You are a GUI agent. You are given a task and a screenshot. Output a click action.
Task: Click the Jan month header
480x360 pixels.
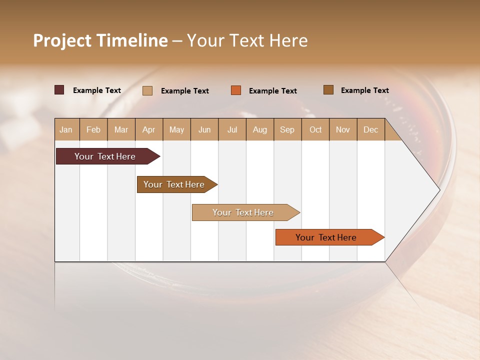pos(66,130)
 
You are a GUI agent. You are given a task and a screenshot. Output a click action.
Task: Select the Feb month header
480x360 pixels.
pos(93,130)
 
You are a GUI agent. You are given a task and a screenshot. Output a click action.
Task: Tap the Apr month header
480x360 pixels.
pos(149,130)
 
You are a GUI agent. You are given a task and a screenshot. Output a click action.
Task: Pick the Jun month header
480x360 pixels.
pos(204,130)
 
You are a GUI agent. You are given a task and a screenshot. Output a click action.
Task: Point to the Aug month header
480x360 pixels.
pos(260,130)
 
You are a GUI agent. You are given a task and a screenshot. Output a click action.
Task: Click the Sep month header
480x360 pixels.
pos(287,130)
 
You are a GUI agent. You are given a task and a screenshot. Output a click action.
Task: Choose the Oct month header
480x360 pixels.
pos(315,130)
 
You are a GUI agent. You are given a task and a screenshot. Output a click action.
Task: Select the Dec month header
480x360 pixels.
pos(370,130)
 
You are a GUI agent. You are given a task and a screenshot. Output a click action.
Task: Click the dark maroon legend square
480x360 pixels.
pos(59,90)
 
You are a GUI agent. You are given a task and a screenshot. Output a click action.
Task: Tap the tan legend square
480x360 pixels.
pos(147,90)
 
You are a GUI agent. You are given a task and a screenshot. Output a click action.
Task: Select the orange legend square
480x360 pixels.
pos(236,90)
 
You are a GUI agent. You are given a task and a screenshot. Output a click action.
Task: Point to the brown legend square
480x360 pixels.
pos(328,90)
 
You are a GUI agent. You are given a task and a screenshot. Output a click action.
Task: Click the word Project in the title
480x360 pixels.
pos(61,40)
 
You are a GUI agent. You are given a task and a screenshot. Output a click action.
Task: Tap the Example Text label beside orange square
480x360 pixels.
pos(272,91)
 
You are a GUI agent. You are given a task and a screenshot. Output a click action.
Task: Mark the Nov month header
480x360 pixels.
pos(343,130)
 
